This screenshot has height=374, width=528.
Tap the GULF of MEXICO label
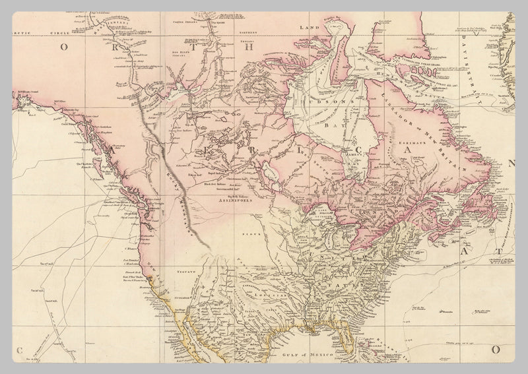[304, 354]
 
